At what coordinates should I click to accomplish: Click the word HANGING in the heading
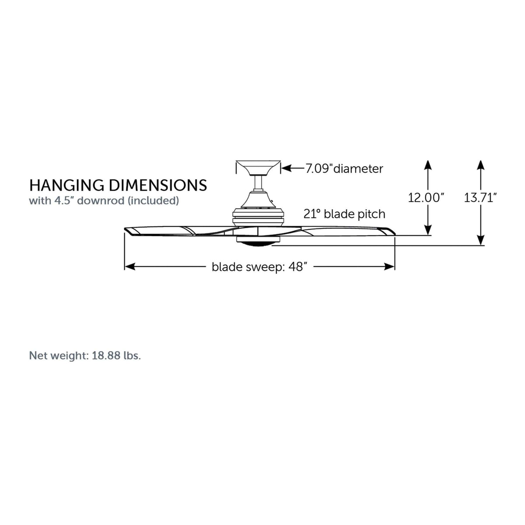66,185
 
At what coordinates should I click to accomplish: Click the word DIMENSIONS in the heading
158,185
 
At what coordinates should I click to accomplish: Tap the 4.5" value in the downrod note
65,200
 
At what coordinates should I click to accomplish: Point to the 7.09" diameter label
344,169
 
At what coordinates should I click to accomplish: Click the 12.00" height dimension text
426,198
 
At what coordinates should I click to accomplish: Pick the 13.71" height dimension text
480,198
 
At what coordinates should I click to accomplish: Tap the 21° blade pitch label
344,214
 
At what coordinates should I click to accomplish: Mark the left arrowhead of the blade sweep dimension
130,266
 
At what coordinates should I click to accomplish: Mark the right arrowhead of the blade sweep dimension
389,266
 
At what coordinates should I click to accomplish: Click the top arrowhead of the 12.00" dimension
428,165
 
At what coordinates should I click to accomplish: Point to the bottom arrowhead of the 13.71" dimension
481,240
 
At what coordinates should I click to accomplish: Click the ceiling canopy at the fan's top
258,167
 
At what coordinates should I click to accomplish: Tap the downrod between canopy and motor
258,183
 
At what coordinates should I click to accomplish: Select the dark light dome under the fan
258,245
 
